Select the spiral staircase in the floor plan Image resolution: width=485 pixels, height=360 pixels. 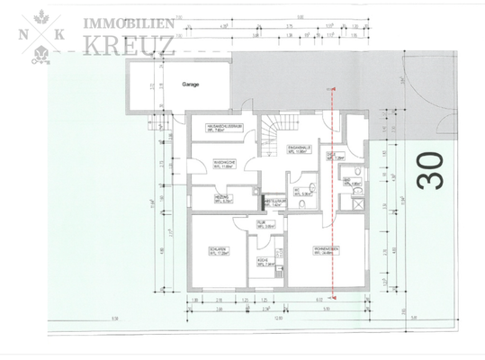[x=272, y=139]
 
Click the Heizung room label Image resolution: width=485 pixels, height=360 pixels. [x=223, y=199]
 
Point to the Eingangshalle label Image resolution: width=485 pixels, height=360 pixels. [x=300, y=148]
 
